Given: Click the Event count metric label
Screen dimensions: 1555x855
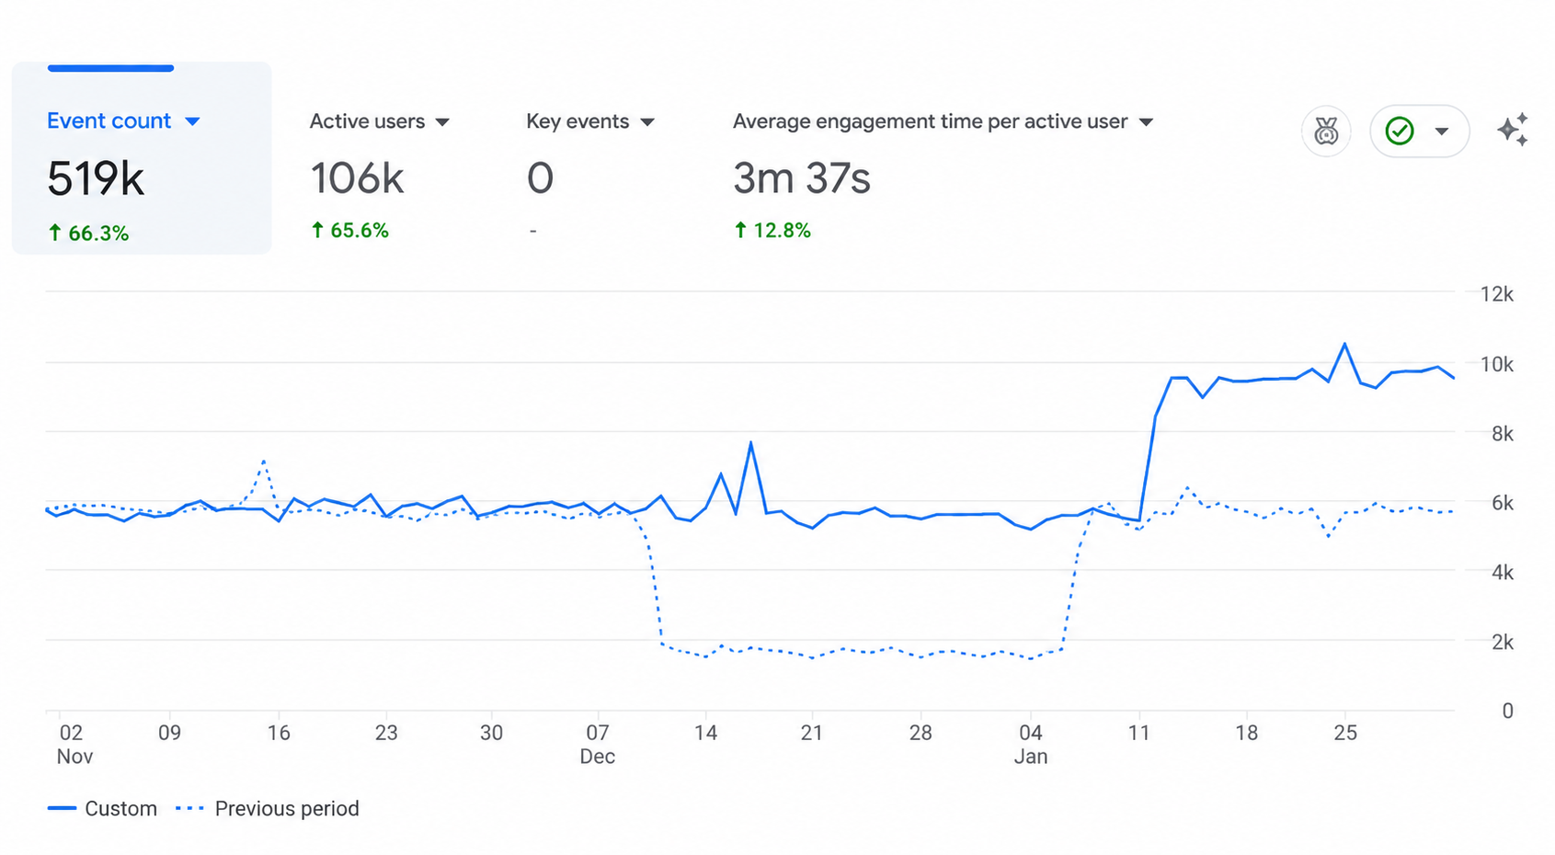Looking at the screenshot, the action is (x=109, y=120).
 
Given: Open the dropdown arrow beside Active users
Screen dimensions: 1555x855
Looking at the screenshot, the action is (x=442, y=122).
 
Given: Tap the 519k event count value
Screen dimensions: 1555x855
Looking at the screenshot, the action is (x=96, y=179).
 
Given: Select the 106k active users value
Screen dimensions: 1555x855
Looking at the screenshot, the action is (x=357, y=178).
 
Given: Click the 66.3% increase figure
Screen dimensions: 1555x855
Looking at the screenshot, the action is (x=88, y=234).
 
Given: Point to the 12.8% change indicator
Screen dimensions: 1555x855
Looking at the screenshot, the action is (x=772, y=231).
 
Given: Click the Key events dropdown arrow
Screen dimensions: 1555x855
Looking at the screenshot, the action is (x=647, y=122).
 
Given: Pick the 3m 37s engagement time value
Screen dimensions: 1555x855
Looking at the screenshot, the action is (x=802, y=178).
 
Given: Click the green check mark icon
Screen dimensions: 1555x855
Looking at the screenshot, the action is (x=1400, y=131).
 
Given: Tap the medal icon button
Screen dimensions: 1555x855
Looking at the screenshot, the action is (x=1326, y=131).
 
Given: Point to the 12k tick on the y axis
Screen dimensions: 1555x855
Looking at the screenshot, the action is (x=1497, y=294).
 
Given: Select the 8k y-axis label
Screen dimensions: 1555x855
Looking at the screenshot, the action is (x=1503, y=434).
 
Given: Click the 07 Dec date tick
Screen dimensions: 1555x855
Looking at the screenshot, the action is (x=598, y=744).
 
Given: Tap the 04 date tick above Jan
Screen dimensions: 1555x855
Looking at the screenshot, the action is (x=1031, y=733).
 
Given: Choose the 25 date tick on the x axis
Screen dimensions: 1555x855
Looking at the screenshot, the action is (x=1345, y=733).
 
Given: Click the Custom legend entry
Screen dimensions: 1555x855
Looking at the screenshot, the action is (x=102, y=808).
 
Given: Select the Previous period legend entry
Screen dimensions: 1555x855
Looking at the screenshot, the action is (x=268, y=808).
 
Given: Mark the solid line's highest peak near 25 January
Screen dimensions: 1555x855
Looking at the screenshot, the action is (x=1344, y=344).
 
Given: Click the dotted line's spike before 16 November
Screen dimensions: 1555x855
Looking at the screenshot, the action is (x=264, y=460).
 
